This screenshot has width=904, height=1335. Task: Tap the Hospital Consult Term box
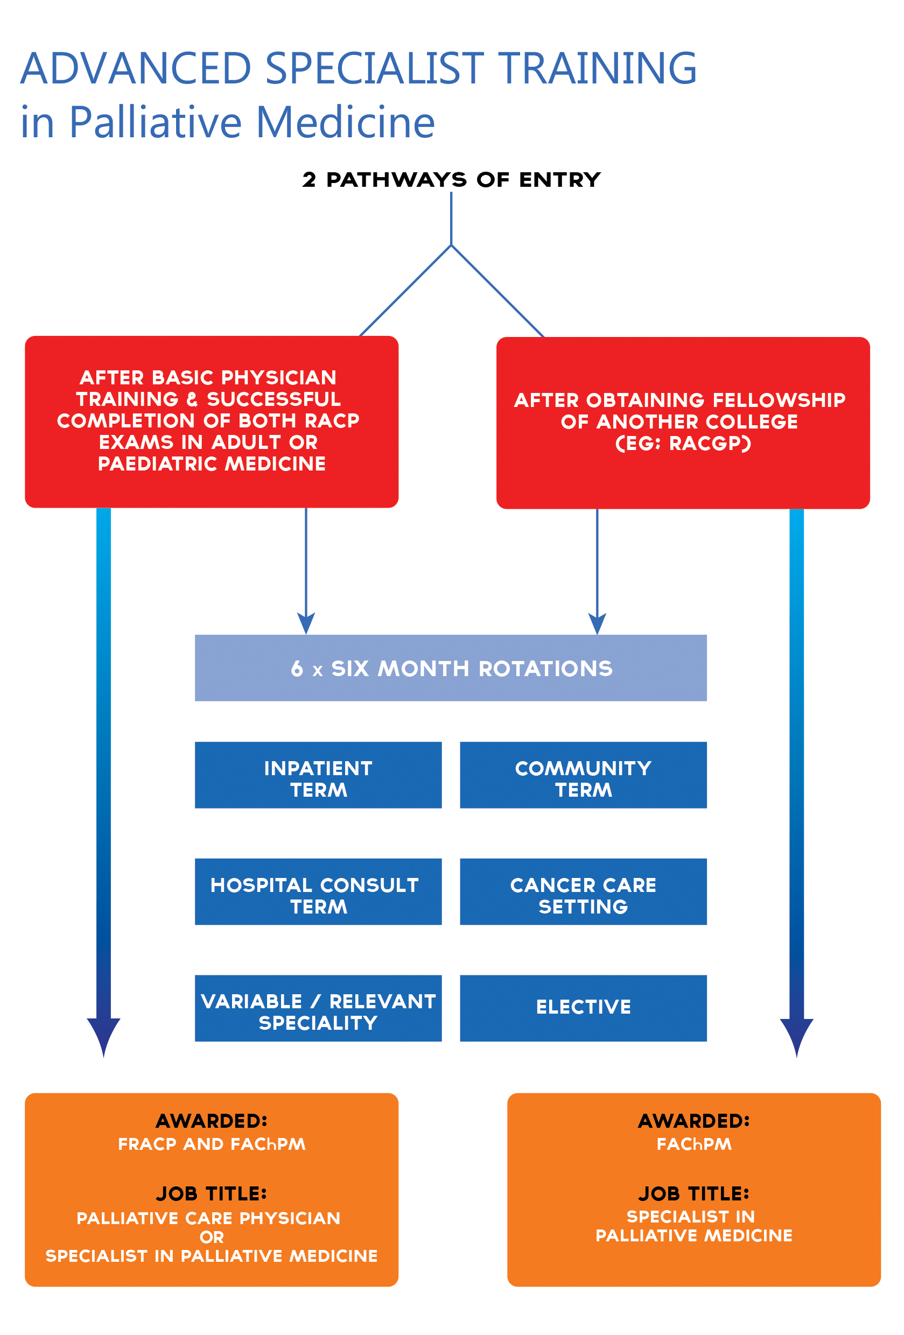[318, 891]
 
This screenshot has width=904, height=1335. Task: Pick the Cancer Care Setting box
[583, 891]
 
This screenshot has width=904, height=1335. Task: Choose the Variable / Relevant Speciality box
[318, 1008]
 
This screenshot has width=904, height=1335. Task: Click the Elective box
[583, 1008]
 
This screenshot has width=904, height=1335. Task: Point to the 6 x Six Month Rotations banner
[451, 667]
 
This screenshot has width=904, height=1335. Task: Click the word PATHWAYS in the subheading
[396, 180]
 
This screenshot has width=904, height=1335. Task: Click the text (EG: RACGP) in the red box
[683, 444]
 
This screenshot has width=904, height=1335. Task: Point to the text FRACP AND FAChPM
[212, 1144]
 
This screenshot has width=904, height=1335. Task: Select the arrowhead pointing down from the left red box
[306, 623]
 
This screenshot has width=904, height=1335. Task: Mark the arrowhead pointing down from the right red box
[597, 623]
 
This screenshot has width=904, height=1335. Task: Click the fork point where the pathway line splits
[451, 245]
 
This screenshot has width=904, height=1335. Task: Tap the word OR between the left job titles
[212, 1237]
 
